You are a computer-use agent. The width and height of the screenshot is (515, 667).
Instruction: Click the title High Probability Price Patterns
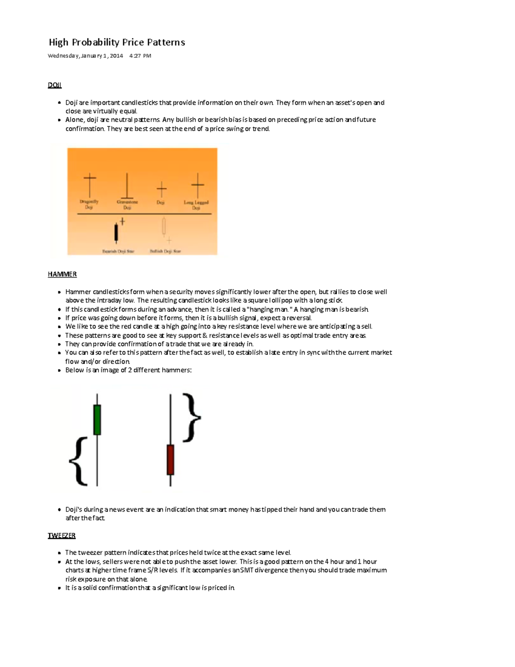coord(117,42)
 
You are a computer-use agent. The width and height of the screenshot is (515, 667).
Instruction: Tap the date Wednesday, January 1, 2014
coord(85,56)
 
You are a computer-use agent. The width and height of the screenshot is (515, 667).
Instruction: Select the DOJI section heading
coord(55,85)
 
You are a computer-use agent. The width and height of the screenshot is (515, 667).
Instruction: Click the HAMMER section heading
coord(62,274)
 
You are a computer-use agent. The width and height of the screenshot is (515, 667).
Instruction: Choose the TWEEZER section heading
coord(61,536)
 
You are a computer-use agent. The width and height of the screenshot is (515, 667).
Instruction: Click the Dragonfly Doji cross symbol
coord(90,184)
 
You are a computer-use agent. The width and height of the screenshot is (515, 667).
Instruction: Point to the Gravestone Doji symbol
coord(127,186)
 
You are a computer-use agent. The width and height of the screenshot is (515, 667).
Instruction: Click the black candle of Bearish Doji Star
coord(116,232)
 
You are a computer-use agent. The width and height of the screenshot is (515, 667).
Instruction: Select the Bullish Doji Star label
coord(165,251)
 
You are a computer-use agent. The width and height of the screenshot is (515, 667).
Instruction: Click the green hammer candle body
coord(97,420)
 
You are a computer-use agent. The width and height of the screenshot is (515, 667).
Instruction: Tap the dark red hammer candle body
coord(170,460)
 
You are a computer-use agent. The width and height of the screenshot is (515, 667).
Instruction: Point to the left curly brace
coord(79,461)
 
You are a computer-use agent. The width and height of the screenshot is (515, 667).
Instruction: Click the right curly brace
coord(191,417)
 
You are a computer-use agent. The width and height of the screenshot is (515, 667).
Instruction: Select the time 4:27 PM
coord(140,56)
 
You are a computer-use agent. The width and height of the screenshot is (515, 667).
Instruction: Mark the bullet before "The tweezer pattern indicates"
coord(59,553)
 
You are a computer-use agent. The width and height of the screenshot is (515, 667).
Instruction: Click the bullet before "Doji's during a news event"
coord(59,510)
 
